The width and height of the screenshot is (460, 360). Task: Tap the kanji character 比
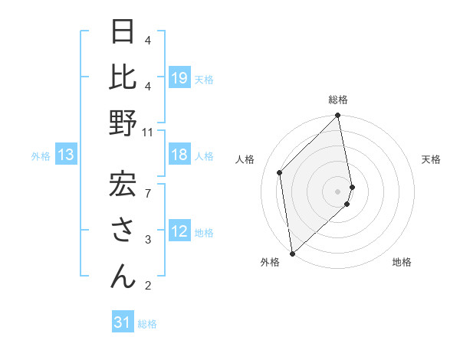[123, 77]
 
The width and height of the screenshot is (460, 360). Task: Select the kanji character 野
[123, 123]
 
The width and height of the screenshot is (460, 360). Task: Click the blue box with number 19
[179, 78]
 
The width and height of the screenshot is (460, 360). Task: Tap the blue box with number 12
[179, 232]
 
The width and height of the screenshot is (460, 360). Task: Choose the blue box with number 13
[66, 155]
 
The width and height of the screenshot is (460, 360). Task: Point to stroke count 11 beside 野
[148, 132]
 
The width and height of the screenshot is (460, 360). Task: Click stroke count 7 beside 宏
[148, 185]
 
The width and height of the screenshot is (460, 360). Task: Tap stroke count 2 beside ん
[148, 286]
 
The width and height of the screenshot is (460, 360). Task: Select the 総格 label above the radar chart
[338, 100]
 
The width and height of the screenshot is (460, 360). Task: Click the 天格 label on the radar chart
[431, 159]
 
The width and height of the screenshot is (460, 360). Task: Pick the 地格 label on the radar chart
[402, 262]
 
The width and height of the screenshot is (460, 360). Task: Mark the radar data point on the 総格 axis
[338, 116]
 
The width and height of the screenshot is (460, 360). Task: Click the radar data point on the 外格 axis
[292, 252]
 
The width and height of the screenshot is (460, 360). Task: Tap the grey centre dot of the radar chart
[338, 190]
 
